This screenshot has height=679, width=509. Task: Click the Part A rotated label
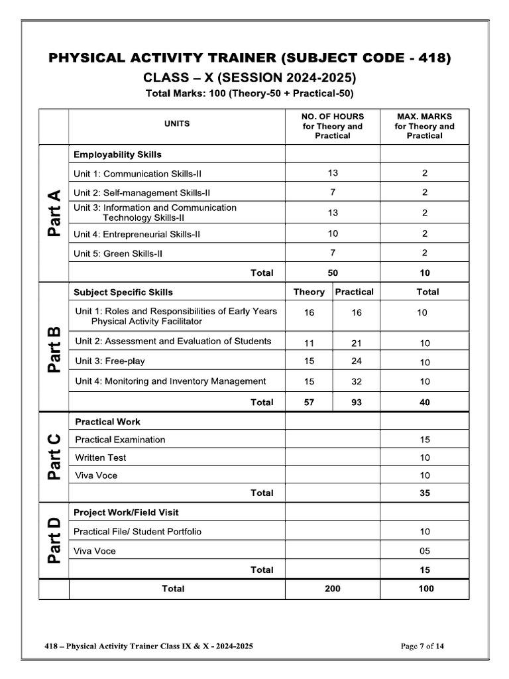tap(54, 214)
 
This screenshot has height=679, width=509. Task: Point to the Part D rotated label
tap(54, 540)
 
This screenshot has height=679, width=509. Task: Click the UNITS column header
tap(177, 123)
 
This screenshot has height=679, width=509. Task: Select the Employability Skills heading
tap(117, 154)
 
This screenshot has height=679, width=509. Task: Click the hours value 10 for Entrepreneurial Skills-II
tap(333, 233)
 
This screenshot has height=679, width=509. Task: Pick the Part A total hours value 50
tap(333, 273)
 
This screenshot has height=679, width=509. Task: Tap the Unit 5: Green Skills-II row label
tap(118, 253)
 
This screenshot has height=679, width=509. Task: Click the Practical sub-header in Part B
tap(355, 292)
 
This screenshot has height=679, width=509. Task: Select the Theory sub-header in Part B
tap(309, 292)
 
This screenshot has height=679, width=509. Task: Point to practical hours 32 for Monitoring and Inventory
tap(357, 381)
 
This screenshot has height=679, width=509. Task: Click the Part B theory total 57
tap(309, 402)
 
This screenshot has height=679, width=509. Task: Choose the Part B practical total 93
tap(357, 402)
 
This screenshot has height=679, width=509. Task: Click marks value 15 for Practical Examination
tap(425, 440)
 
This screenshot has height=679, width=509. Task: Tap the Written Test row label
tap(101, 458)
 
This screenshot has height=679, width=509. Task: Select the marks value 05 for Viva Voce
tap(425, 551)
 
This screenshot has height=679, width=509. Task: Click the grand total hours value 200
tap(333, 589)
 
